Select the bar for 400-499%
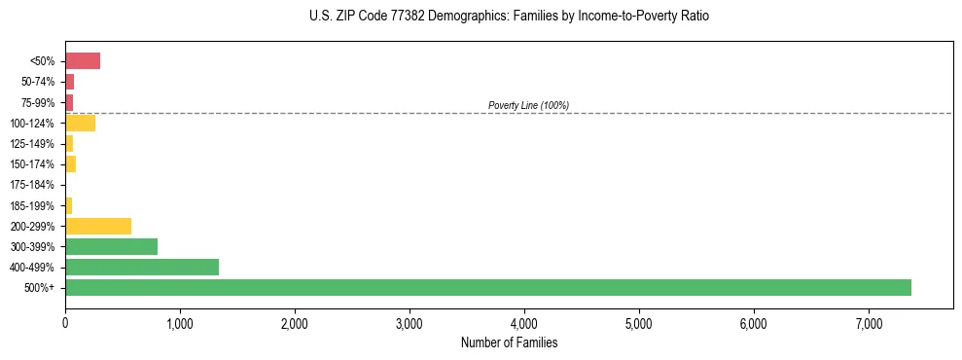142,267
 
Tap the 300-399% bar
111,246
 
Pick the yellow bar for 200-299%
98,226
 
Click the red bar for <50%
83,61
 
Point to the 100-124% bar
80,123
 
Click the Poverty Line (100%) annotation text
528,105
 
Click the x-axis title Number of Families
509,342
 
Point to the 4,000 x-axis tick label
524,323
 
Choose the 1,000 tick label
180,323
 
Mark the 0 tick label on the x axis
65,323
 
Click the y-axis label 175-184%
34,185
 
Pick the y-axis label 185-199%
34,205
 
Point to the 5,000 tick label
639,323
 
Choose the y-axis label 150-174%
34,164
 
